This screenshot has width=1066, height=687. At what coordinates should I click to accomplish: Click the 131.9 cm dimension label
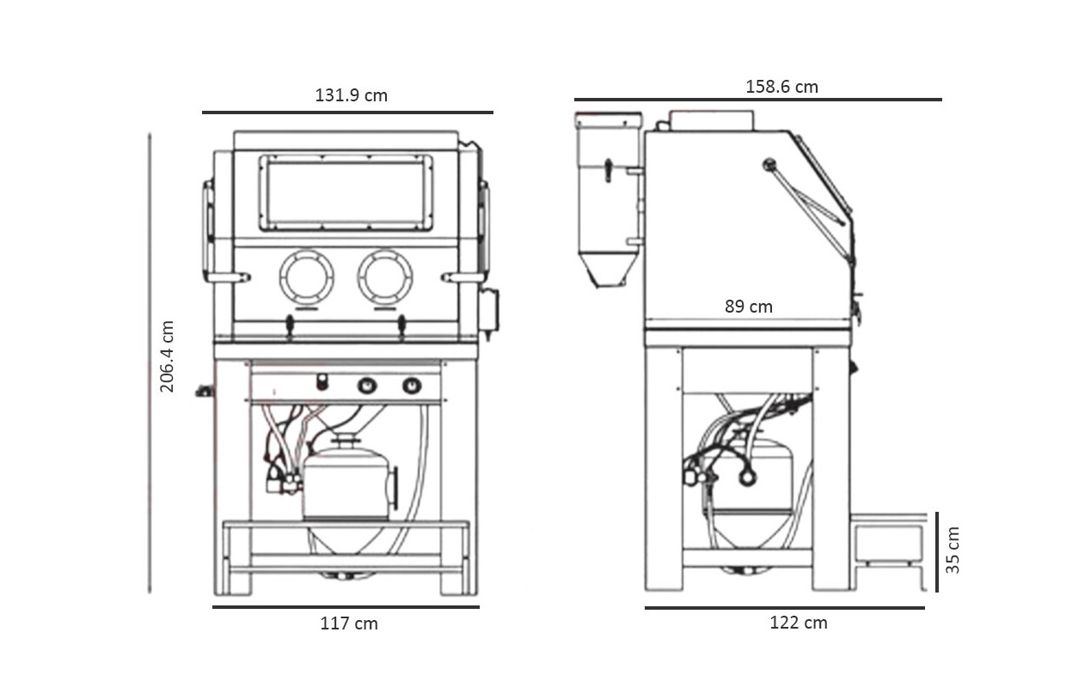tap(351, 95)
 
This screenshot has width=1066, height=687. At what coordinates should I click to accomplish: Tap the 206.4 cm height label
tap(168, 356)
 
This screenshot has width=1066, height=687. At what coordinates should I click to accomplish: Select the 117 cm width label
tap(349, 623)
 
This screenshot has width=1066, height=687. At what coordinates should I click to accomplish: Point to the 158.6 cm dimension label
tap(781, 87)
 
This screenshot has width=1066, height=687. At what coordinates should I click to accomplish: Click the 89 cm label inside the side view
tap(748, 307)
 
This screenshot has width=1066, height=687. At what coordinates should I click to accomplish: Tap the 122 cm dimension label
tap(798, 623)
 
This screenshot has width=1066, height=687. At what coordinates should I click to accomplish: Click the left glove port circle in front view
tap(306, 277)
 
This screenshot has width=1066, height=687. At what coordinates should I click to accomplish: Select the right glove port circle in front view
tap(385, 277)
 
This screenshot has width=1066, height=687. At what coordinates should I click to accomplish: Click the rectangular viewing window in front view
tap(346, 192)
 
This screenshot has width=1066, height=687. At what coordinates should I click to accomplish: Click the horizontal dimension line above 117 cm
tap(346, 607)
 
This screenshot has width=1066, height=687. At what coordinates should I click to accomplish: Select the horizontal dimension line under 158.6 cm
tap(757, 100)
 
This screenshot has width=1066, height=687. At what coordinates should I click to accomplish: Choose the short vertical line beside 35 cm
tap(936, 551)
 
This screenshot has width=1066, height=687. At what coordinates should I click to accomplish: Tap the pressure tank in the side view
tap(757, 477)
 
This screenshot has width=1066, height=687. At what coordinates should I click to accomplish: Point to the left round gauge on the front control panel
tap(367, 386)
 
